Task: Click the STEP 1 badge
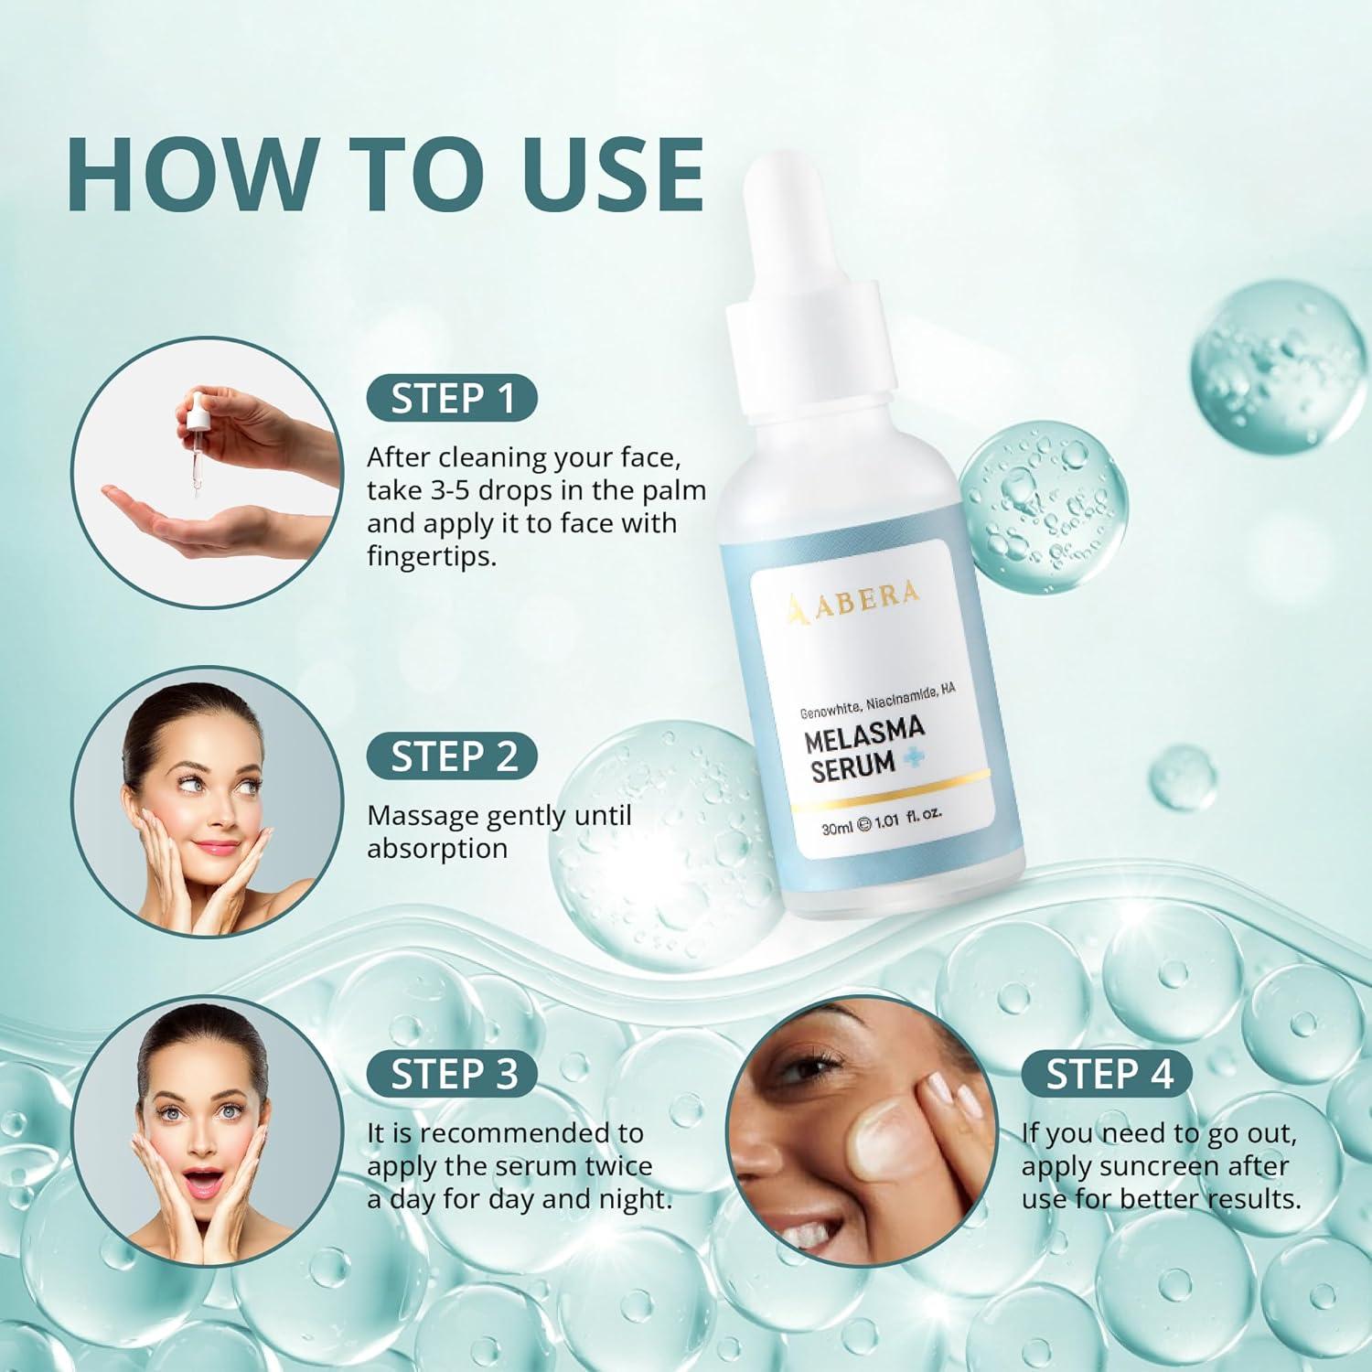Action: tap(452, 399)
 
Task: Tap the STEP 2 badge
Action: tap(452, 756)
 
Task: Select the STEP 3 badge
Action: tap(452, 1074)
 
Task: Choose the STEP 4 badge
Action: tap(1108, 1074)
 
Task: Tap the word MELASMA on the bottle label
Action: tap(864, 733)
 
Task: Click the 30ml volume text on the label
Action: tap(837, 827)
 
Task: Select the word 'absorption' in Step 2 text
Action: tap(437, 849)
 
